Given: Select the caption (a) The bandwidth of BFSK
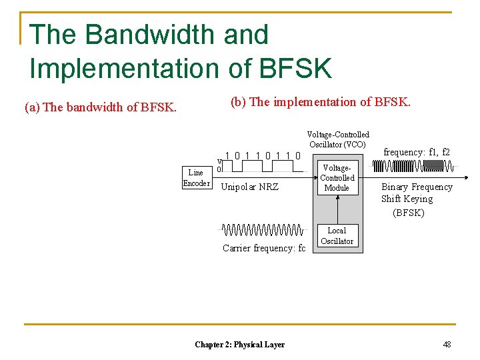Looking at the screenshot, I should click(x=101, y=107).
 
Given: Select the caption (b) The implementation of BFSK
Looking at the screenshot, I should click(x=321, y=102).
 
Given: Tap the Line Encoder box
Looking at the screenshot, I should click(x=196, y=178).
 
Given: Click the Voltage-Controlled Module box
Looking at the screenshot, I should click(x=337, y=177).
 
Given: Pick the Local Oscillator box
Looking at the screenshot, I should click(x=337, y=236).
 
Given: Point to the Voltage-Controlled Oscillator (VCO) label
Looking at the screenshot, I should click(x=337, y=139).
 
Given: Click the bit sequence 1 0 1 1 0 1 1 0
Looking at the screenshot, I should click(x=263, y=156).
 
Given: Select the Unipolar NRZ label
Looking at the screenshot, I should click(x=249, y=187).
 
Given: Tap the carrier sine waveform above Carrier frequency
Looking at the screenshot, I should click(x=261, y=231).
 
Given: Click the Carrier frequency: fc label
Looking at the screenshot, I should click(x=263, y=248).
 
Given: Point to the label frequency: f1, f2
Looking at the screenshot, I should click(x=417, y=152).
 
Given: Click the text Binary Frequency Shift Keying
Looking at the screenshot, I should click(x=416, y=193).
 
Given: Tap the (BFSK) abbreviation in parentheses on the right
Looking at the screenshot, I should click(x=409, y=213).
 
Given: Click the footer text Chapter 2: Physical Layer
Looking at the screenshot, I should click(x=239, y=345).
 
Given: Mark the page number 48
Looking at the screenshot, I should click(x=447, y=345).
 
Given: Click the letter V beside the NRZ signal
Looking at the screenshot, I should click(x=219, y=161).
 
